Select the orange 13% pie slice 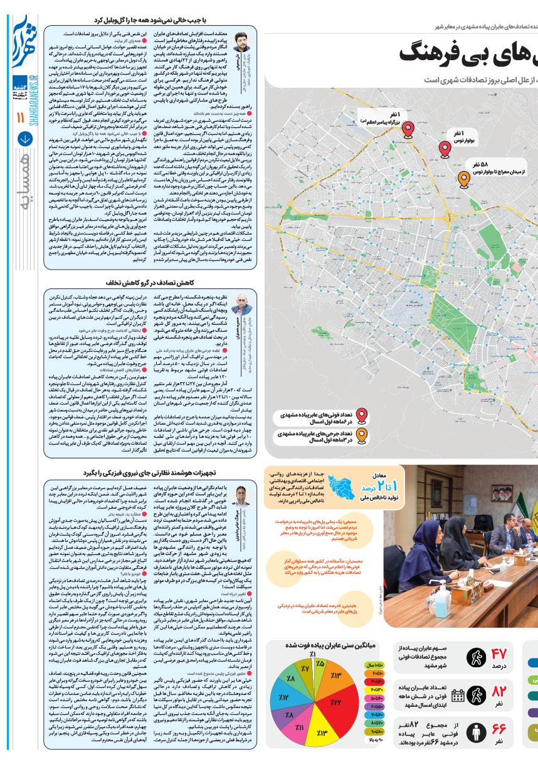[335, 674]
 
